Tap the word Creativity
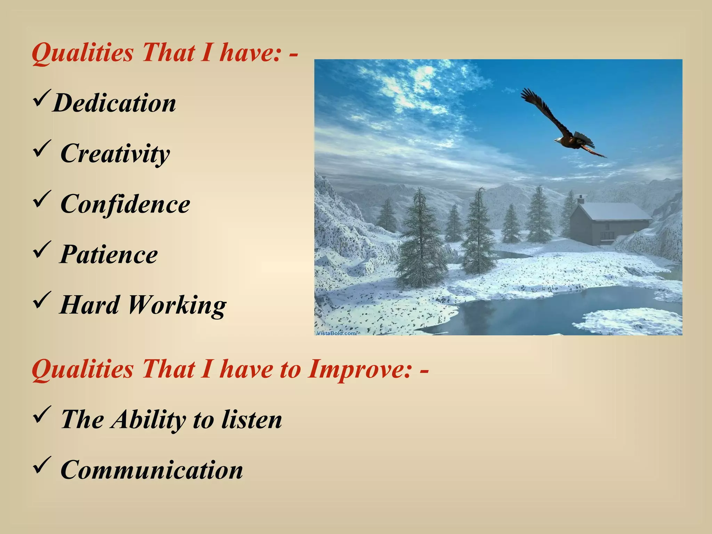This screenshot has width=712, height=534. tap(115, 153)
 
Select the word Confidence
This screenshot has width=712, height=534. tap(125, 204)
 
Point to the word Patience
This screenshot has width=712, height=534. tap(109, 254)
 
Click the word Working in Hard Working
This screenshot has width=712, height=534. tap(177, 305)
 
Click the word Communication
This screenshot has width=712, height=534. tap(152, 470)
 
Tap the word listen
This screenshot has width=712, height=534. tap(252, 419)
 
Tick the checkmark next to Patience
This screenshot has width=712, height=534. tap(42, 250)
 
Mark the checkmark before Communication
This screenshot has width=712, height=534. tap(42, 465)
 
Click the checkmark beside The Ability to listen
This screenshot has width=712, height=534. tap(42, 414)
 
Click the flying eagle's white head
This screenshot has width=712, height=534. tap(558, 140)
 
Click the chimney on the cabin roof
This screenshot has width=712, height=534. tap(581, 199)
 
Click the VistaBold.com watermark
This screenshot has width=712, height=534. tap(336, 333)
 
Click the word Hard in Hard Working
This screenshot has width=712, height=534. tap(89, 305)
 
